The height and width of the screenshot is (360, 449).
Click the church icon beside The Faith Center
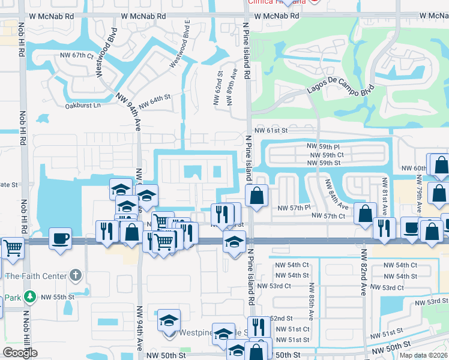[75, 275]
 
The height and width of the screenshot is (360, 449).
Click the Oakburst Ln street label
[82, 106]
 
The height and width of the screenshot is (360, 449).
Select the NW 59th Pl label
[324, 146]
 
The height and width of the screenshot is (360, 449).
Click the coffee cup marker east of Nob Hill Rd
[60, 237]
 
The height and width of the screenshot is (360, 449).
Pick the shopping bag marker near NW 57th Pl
[257, 196]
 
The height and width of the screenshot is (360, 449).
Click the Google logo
[20, 353]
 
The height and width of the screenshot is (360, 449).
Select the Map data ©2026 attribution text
[423, 355]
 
